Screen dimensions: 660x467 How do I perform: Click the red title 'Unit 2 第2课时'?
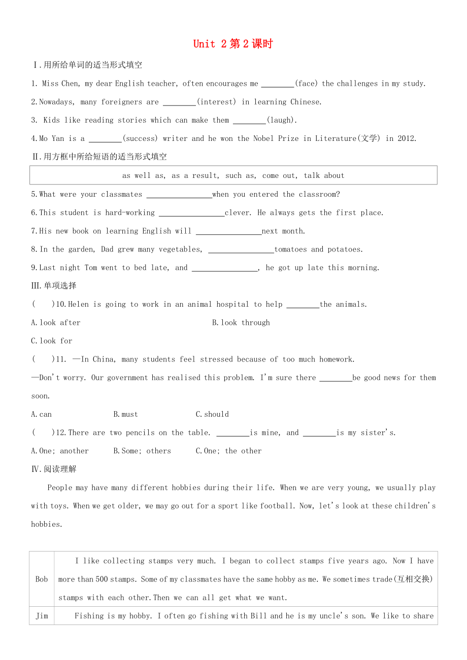tap(233, 44)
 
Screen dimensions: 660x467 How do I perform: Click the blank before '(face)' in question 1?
tap(277, 84)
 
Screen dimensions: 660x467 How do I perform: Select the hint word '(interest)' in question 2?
tap(216, 102)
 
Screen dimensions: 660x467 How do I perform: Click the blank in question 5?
tap(179, 195)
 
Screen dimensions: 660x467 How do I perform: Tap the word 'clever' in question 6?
tap(237, 213)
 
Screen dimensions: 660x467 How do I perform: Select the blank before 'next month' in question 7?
tap(228, 232)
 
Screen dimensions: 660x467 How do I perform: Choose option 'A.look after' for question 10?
tap(56, 323)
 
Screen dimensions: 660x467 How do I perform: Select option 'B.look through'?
tap(241, 323)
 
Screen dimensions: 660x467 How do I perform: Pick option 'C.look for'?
tap(52, 341)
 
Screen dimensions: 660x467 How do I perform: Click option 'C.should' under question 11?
tap(212, 415)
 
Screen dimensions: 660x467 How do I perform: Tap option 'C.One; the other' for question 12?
tap(228, 451)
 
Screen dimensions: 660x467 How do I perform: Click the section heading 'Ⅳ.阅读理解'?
tap(54, 469)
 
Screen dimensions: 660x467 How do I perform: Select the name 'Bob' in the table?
tap(42, 579)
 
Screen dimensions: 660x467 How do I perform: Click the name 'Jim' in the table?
tap(42, 616)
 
